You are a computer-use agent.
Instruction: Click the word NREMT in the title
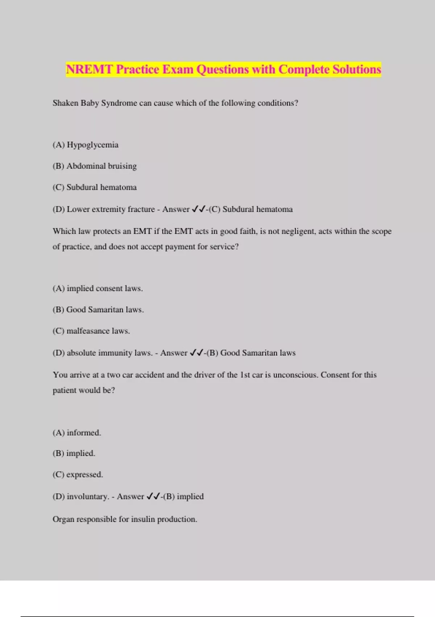point(89,69)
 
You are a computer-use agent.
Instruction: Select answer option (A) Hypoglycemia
point(86,145)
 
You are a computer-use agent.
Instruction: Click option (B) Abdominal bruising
point(95,166)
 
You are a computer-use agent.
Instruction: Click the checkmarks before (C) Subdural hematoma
point(199,209)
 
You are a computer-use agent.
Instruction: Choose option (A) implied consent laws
point(98,289)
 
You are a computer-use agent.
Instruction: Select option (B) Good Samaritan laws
point(98,310)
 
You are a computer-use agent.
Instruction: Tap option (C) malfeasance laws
point(91,331)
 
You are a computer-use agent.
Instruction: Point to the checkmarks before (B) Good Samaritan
point(197,353)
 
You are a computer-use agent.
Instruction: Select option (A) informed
point(77,433)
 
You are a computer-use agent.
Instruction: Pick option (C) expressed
point(78,475)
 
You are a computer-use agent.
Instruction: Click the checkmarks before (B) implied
point(153,497)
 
